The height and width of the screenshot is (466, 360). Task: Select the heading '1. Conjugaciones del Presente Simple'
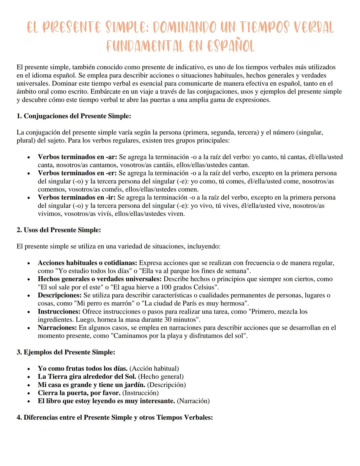[x=74, y=116]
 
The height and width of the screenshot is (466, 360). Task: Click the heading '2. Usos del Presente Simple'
[x=59, y=230]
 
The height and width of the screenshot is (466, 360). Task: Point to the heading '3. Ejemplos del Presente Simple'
[x=66, y=352]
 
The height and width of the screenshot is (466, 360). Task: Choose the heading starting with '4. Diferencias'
[x=115, y=418]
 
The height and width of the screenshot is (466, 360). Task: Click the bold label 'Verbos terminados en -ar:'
[x=77, y=157]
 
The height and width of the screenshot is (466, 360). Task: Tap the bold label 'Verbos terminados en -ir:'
[x=77, y=197]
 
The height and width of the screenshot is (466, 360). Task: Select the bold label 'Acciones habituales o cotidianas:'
[x=87, y=263]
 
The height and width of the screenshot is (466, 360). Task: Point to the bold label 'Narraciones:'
[x=57, y=328]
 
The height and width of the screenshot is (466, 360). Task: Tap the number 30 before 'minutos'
[x=168, y=320]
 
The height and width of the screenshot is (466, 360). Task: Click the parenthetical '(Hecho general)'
[x=161, y=377]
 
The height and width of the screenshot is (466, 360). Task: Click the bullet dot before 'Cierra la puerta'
[x=29, y=394]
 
